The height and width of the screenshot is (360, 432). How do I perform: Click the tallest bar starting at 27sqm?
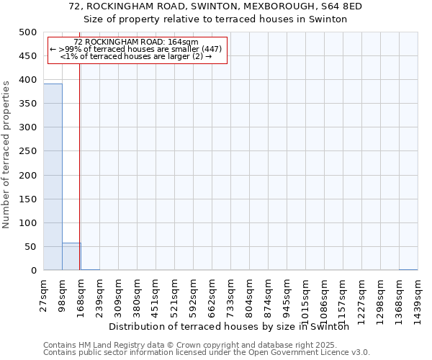click(x=53, y=176)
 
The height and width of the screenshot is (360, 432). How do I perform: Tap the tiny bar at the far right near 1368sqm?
click(x=408, y=269)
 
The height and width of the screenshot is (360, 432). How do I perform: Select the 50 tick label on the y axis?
click(x=30, y=247)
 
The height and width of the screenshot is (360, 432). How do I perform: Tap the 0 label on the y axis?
click(x=34, y=271)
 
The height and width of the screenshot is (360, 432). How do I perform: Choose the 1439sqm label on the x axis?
click(x=418, y=297)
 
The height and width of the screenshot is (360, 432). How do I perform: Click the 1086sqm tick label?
click(x=325, y=297)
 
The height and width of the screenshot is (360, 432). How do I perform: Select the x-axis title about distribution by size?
click(x=233, y=326)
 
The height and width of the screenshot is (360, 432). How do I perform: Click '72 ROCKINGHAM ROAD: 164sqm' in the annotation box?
click(x=136, y=42)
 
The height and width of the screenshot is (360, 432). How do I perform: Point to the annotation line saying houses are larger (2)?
click(x=136, y=56)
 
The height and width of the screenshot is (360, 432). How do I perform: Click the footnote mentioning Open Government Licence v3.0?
click(x=207, y=353)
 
